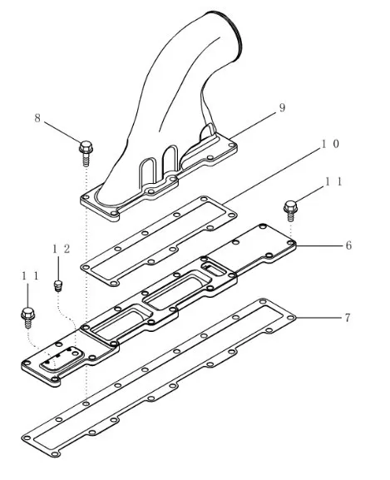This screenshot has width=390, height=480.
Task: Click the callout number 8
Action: pyautogui.click(x=37, y=118)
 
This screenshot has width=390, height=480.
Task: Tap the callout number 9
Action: pyautogui.click(x=282, y=107)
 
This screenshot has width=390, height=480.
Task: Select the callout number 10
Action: pyautogui.click(x=330, y=144)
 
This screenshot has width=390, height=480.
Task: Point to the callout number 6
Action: pyautogui.click(x=348, y=245)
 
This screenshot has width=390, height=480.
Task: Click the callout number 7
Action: pyautogui.click(x=348, y=318)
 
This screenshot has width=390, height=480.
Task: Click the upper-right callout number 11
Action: pyautogui.click(x=333, y=182)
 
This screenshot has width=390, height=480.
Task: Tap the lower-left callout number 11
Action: pyautogui.click(x=30, y=276)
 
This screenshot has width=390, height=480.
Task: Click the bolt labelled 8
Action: pyautogui.click(x=86, y=153)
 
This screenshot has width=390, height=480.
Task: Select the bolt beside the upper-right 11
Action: pyautogui.click(x=290, y=210)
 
